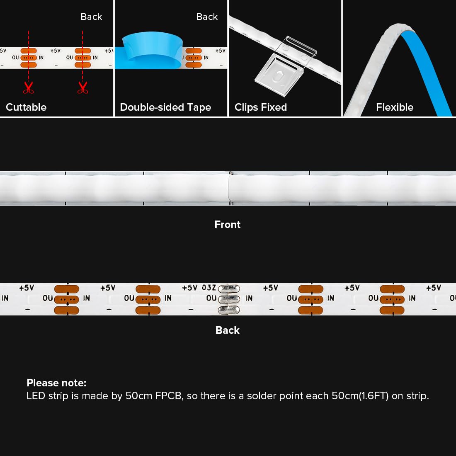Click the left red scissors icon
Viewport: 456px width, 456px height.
point(28,87)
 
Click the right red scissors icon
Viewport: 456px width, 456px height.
point(82,87)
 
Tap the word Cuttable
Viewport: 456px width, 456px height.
point(26,107)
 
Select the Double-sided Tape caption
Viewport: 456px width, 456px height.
point(165,107)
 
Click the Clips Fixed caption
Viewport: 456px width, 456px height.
point(261,107)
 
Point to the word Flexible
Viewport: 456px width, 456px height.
point(395,107)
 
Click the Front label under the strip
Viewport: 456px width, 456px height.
point(228,225)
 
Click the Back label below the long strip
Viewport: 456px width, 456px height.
point(228,330)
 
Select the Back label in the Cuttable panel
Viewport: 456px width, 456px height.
point(91,17)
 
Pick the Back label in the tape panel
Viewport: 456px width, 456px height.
point(207,17)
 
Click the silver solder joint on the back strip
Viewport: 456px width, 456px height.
point(229,298)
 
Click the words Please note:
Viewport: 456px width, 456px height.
point(56,383)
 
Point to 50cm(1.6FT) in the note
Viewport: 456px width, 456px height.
point(360,396)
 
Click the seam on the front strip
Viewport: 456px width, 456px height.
point(230,188)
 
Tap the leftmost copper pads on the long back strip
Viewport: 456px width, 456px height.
point(67,299)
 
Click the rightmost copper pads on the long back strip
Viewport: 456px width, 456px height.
point(392,299)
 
